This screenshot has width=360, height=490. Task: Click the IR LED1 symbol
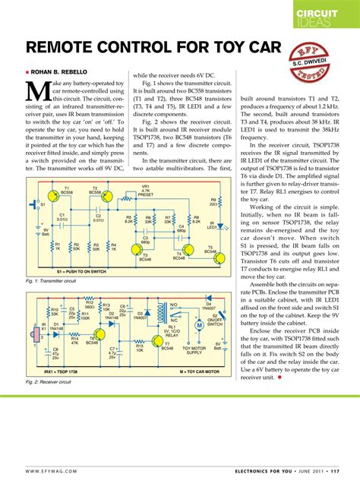click(206, 226)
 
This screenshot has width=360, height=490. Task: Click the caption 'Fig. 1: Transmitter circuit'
click(52, 281)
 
